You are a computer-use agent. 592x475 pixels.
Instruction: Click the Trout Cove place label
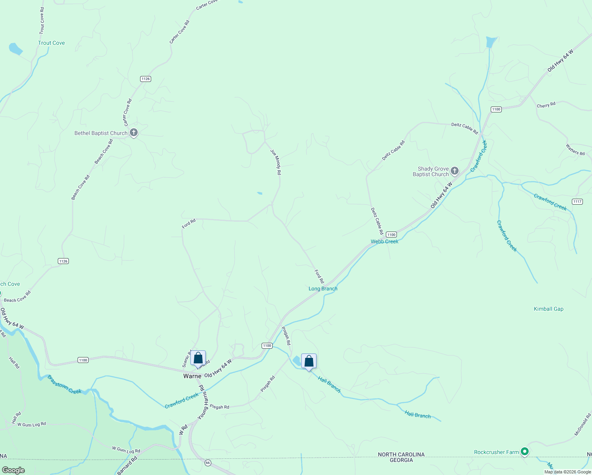pos(51,43)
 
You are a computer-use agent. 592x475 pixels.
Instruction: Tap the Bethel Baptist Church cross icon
pos(134,133)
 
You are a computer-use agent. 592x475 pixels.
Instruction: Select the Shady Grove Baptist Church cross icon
pos(455,171)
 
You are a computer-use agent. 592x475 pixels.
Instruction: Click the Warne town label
pos(192,376)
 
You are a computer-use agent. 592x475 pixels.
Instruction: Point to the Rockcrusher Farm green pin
pos(525,451)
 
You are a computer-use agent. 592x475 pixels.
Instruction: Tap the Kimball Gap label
pos(548,309)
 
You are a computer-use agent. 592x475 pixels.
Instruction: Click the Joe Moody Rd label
pos(276,162)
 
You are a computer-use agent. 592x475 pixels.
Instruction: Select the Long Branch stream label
pos(323,289)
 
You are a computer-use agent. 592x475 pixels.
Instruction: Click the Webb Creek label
pos(385,241)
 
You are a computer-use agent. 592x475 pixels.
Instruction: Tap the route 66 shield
pos(208,462)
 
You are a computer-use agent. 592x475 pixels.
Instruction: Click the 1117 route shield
pos(577,201)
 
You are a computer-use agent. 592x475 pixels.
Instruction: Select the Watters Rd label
pos(575,150)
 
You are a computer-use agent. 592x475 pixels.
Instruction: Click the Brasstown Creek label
pos(65,384)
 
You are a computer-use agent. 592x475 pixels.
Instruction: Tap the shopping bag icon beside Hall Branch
pos(309,361)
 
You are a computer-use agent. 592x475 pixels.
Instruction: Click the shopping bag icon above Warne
pos(198,358)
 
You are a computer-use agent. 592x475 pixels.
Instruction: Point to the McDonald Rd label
pos(583,425)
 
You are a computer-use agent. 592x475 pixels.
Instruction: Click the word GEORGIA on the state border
pos(401,460)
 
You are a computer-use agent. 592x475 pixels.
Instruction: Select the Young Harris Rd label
pos(203,402)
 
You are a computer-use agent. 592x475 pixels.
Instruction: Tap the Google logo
pos(13,470)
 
